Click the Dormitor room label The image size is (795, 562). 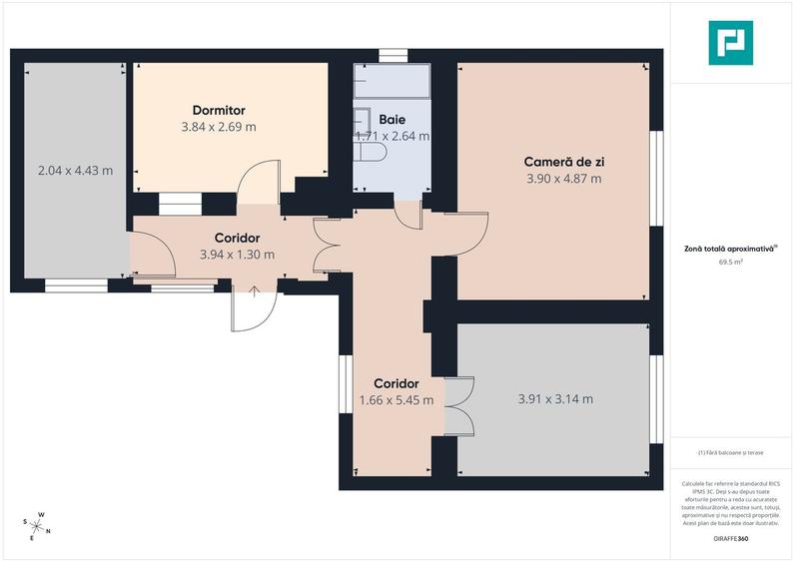tap(219, 110)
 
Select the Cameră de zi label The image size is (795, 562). tap(563, 162)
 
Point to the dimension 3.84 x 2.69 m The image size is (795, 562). tap(219, 127)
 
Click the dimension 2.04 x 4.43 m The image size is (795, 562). tap(75, 170)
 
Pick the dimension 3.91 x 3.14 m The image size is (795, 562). tap(555, 399)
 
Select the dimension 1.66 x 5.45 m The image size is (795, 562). tap(396, 400)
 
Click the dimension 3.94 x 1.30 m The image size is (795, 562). tap(237, 255)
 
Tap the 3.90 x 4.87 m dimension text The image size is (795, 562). tap(563, 179)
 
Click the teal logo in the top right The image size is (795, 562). tap(731, 43)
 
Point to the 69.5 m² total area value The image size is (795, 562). tap(731, 263)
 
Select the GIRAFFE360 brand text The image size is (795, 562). tap(731, 539)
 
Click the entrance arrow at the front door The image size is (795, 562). tap(255, 292)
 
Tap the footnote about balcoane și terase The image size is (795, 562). tap(731, 452)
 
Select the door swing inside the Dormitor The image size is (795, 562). tap(257, 180)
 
